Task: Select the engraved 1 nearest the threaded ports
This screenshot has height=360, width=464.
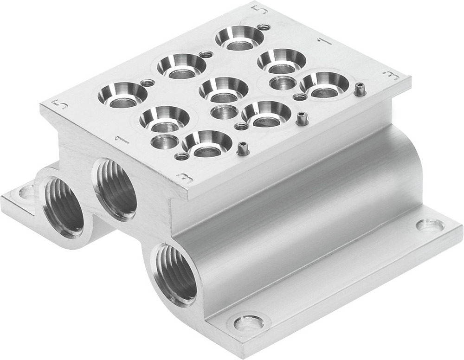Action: pyautogui.click(x=116, y=139)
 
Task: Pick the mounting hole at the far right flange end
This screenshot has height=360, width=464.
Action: pyautogui.click(x=430, y=226)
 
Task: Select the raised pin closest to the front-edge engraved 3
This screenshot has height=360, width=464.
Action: pyautogui.click(x=242, y=148)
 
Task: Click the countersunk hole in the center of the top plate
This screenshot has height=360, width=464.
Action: pyautogui.click(x=223, y=90)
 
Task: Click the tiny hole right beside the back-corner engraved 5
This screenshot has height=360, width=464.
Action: pyautogui.click(x=264, y=27)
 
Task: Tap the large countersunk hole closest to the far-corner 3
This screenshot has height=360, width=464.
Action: pyautogui.click(x=324, y=84)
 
